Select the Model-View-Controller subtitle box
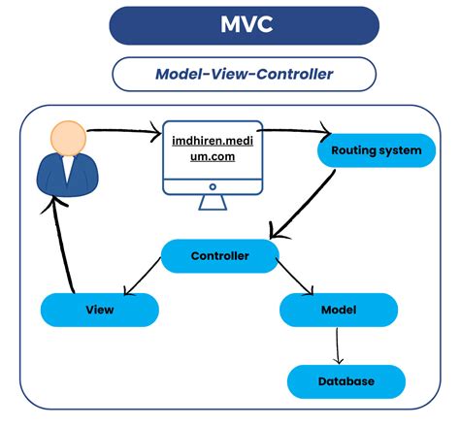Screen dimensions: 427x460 coord(244,74)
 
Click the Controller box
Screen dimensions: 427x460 coord(220,256)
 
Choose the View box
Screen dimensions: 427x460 coord(100,310)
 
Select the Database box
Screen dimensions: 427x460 coord(345,381)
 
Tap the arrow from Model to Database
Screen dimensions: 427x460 coord(337,345)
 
